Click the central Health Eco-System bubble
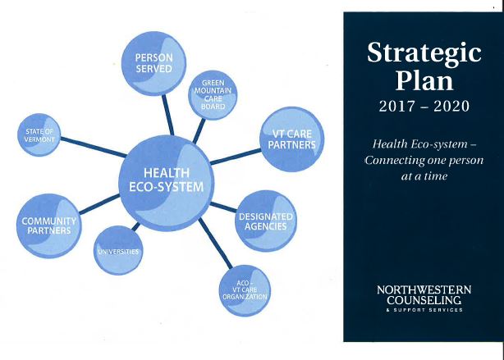166,183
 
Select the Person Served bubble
153,63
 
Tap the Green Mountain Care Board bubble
213,95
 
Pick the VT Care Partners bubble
292,139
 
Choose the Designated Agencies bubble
266,221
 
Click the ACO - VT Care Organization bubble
245,290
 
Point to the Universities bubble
118,250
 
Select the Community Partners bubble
49,226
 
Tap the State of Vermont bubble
39,134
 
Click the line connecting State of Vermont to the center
94,148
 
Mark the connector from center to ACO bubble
215,243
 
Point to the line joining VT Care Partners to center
236,157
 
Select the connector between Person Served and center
167,115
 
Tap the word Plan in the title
424,80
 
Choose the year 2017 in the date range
397,107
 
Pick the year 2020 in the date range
451,107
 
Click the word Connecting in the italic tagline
394,160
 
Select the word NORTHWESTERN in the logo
424,289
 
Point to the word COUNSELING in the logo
424,300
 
